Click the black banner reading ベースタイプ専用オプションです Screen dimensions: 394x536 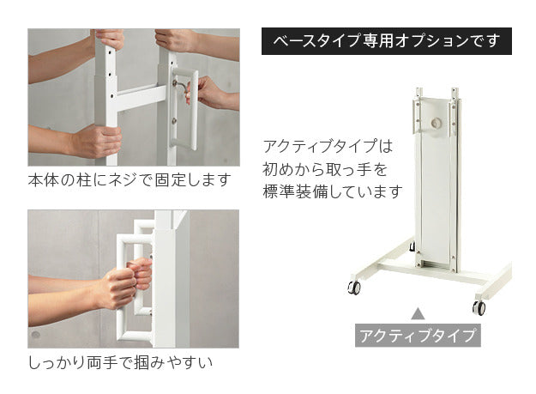pos(386,41)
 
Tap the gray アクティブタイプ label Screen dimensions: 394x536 pos(417,335)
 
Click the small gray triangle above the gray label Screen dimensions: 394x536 pos(418,313)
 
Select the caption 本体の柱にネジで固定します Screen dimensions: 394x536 pos(129,180)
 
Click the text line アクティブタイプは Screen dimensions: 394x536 pos(327,146)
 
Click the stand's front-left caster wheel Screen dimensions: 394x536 pos(353,288)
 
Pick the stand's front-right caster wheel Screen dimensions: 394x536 pos(479,306)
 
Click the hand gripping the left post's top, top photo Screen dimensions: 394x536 pos(108,39)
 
